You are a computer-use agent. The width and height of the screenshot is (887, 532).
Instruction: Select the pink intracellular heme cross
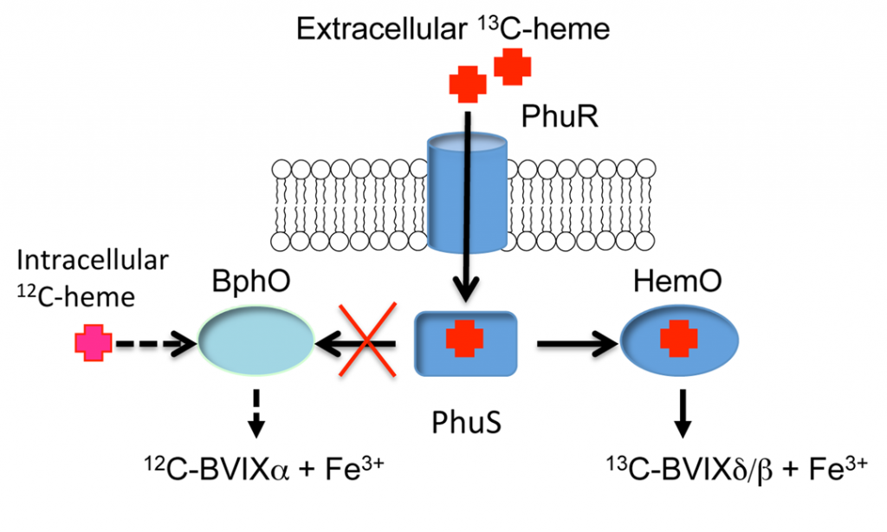tap(94, 345)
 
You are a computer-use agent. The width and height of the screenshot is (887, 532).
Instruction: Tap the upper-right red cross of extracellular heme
tap(511, 67)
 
